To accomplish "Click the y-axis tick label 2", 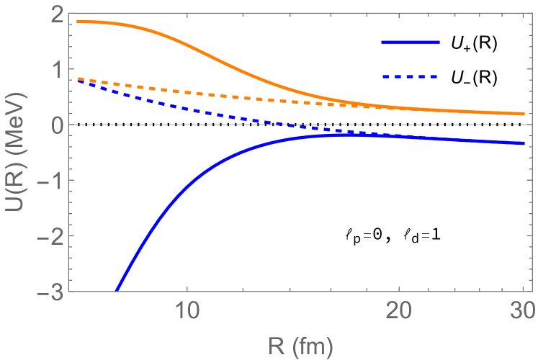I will [x=55, y=14].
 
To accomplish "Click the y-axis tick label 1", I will [x=55, y=69].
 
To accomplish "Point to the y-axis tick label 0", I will [x=55, y=125].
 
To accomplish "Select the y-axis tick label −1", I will [x=50, y=181].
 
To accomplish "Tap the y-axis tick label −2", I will [x=50, y=237].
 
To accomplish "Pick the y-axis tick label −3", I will [x=50, y=292].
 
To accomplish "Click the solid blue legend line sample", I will [x=410, y=42].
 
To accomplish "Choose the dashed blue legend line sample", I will [x=410, y=76].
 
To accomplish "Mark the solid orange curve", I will [x=216, y=53].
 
